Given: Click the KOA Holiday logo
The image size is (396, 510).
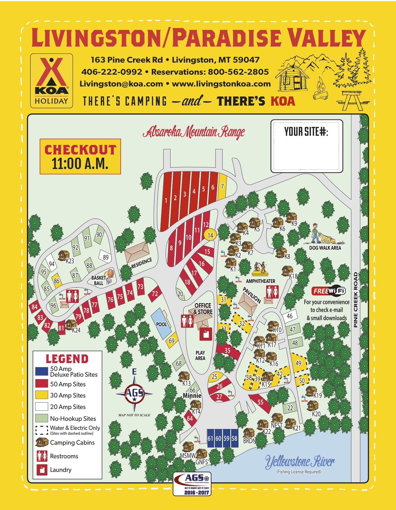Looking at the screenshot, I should [x=51, y=81].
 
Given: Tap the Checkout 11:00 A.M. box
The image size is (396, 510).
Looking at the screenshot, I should [x=80, y=157].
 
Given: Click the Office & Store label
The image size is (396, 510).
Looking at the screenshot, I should [x=203, y=309].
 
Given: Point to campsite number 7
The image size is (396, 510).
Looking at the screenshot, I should [x=222, y=187].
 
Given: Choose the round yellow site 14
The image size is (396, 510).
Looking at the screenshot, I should [x=210, y=235].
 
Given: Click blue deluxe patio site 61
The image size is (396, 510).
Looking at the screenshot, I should [x=210, y=438].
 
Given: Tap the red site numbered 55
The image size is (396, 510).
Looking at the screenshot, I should [x=260, y=402].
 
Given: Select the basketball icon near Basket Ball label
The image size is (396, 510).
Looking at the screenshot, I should [x=110, y=274].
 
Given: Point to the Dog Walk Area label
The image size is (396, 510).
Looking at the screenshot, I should [x=325, y=248].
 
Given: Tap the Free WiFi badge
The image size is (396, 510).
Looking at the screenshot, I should [x=328, y=291].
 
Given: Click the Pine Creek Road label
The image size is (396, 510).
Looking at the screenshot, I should [x=356, y=300].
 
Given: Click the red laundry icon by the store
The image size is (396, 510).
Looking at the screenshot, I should [x=206, y=334].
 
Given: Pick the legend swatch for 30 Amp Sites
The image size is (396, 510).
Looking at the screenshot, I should [x=42, y=395].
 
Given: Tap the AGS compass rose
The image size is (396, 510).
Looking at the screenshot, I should [x=135, y=393].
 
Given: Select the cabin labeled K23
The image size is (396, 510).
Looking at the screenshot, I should [x=64, y=255].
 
